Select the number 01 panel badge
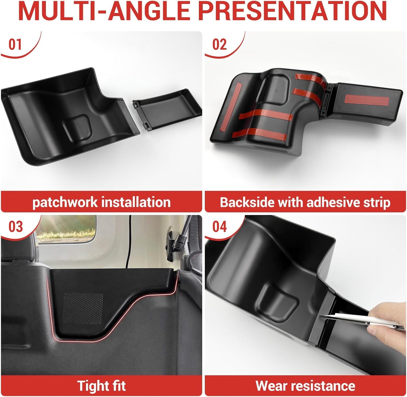point(15,44)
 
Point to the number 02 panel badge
point(219,44)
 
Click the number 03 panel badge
point(15,227)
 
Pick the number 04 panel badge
point(220,227)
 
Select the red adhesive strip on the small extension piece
point(367,100)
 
